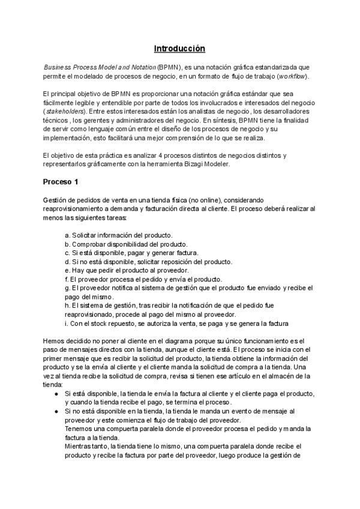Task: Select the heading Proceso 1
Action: point(60,181)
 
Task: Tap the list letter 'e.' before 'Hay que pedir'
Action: point(67,270)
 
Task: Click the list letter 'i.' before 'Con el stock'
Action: point(66,324)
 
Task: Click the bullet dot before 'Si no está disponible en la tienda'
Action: point(56,411)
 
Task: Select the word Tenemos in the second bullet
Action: point(79,429)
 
